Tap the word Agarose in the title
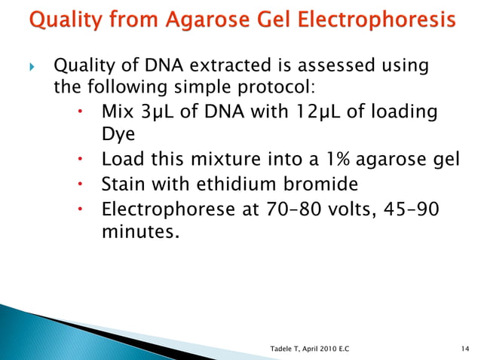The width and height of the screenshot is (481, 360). click(x=195, y=19)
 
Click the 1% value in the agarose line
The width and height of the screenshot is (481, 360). click(x=326, y=160)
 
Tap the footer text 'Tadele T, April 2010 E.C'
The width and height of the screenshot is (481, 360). click(x=314, y=348)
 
